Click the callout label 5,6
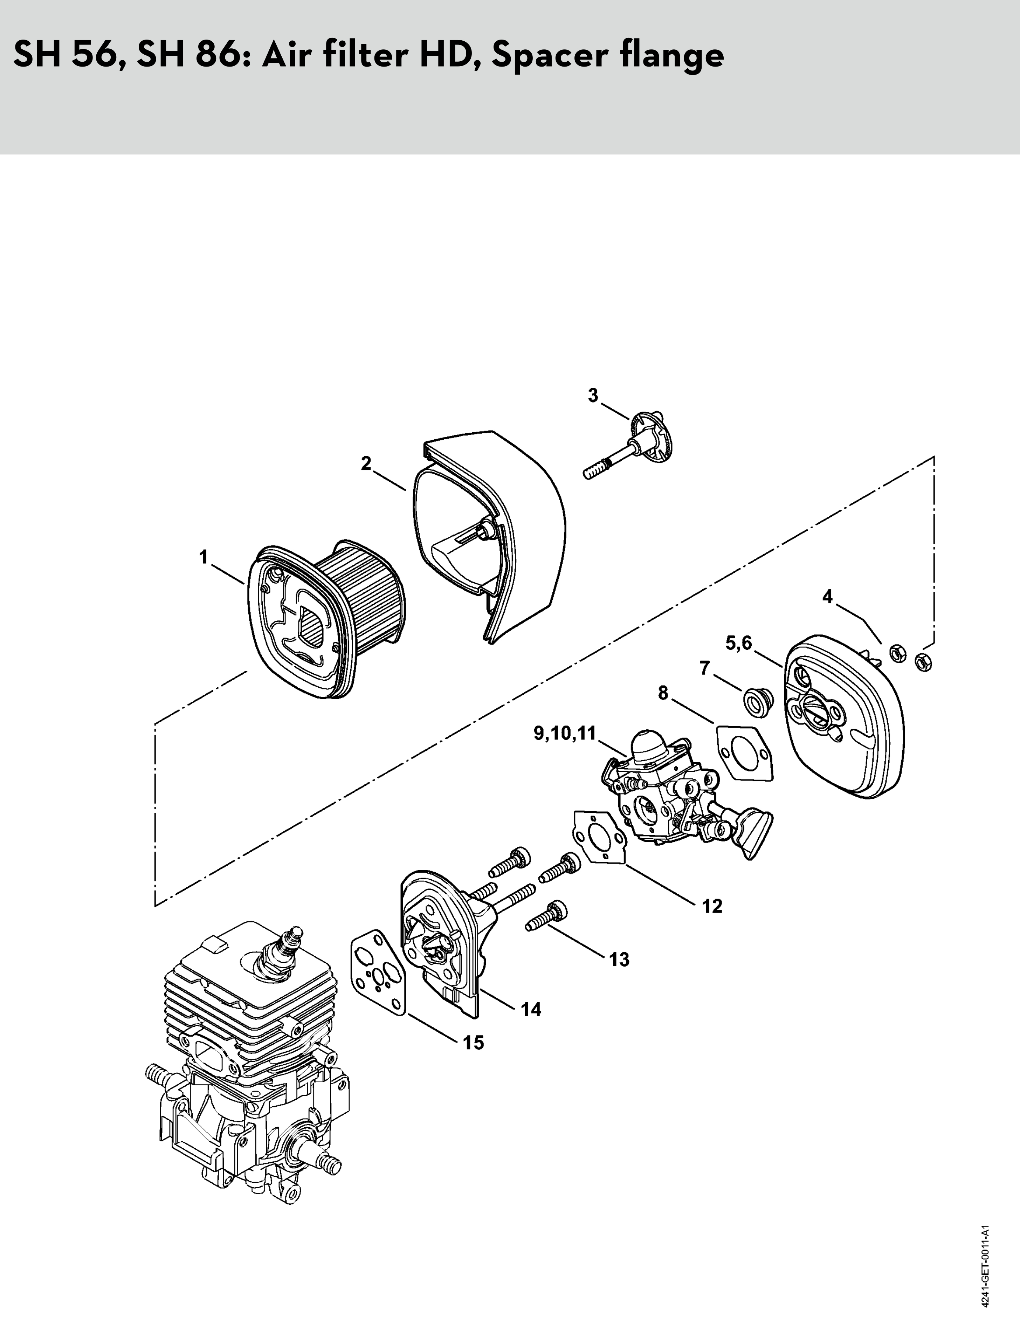point(738,644)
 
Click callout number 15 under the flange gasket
point(474,1043)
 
